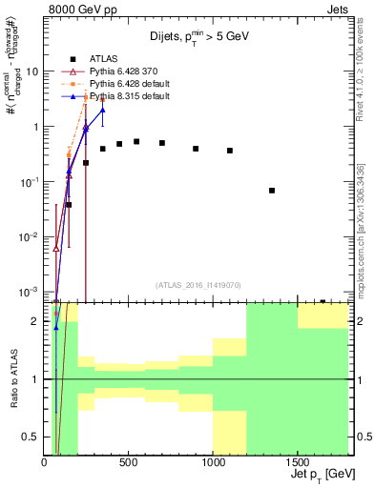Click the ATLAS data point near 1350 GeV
point(272,191)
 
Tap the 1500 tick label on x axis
point(298,462)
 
